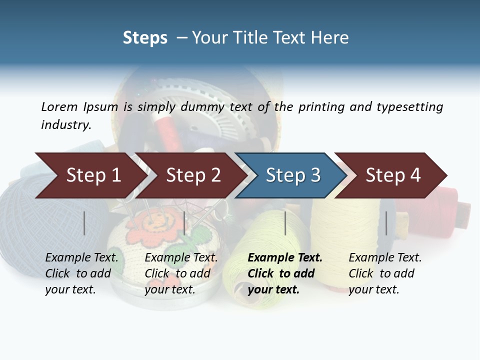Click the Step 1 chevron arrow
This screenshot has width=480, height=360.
pos(93,175)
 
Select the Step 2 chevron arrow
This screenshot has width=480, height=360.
pos(193,175)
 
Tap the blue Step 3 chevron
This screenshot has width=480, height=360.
pos(293,175)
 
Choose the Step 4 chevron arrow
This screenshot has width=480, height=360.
pos(393,175)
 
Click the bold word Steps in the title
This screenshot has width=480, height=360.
pos(145,38)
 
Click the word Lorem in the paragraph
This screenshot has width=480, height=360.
pos(59,106)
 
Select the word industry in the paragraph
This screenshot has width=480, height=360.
pos(66,124)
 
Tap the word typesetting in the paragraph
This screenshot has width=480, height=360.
pos(409,106)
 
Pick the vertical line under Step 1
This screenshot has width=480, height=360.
pos(84,223)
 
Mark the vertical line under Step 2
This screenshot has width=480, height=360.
pos(184,223)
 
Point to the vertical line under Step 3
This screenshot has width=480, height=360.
pos(285,223)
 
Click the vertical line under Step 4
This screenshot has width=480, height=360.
pos(386,223)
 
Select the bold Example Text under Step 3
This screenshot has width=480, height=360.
pos(285,258)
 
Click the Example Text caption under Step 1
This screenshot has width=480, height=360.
pos(81,258)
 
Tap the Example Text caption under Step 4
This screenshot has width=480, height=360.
pos(385,258)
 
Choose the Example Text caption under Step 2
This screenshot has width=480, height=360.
pos(181,258)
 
